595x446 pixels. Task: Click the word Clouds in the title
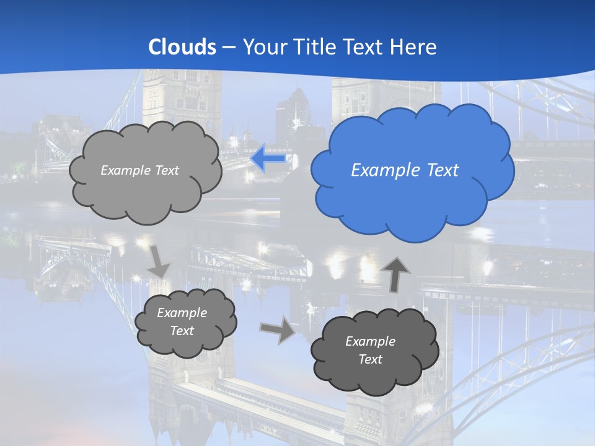coord(182,47)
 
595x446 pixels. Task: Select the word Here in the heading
coord(416,47)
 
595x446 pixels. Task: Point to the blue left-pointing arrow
coord(268,159)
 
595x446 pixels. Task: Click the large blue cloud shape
coord(412,198)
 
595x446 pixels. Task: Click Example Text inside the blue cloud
coord(405,170)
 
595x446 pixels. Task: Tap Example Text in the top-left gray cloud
coord(139,170)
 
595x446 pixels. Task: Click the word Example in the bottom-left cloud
coord(182,313)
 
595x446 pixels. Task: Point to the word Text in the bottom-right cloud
coord(370,359)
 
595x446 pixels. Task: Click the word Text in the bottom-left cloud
coord(182,331)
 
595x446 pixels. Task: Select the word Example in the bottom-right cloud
coord(370,341)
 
